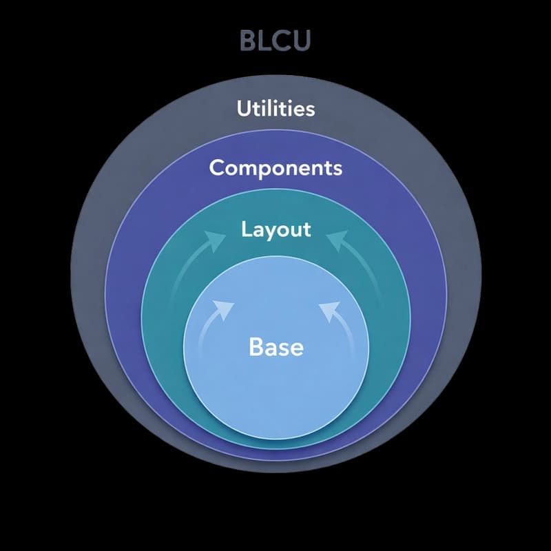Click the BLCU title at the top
pos(275,41)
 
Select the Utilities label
pos(275,108)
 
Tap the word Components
pos(275,167)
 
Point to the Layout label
pos(275,229)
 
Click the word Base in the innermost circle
pos(275,346)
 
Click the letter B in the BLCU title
pos(249,41)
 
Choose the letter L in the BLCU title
pos(266,41)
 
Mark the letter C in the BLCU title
pos(282,41)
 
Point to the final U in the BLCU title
pos(302,41)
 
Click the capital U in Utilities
pos(243,108)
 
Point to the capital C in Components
pos(217,167)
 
